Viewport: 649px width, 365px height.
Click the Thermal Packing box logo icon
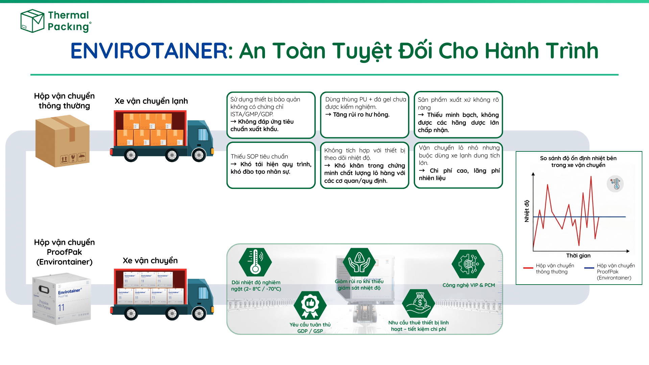(32, 21)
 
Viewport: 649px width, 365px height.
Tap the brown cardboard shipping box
(63, 141)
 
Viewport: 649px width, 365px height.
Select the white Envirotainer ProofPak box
(62, 299)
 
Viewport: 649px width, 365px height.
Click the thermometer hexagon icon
(255, 262)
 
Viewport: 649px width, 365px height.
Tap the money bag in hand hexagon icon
(419, 303)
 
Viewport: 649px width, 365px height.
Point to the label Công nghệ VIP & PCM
(468, 285)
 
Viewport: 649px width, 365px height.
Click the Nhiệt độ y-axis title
(527, 211)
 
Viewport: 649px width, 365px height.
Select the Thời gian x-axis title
(578, 256)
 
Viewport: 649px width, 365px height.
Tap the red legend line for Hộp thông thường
(528, 268)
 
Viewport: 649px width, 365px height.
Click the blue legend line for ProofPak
(589, 268)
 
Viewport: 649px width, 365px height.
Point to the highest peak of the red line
(591, 177)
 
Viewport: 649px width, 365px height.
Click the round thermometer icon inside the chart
(615, 184)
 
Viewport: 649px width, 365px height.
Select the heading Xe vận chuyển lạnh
(151, 101)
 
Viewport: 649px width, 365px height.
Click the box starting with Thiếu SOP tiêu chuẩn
(271, 165)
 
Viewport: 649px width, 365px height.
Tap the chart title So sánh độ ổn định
(578, 162)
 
